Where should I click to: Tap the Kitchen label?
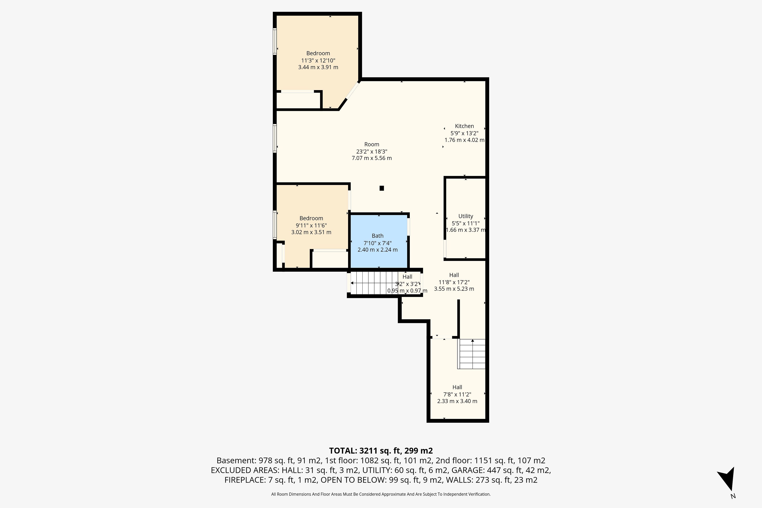464,126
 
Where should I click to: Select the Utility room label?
466,216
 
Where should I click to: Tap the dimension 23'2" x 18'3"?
372,151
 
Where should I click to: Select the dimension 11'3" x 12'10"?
318,60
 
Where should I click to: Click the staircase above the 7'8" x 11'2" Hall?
472,354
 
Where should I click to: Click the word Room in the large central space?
372,144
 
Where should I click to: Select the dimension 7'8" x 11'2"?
457,394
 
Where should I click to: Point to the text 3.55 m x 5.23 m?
454,289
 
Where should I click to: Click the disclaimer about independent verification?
381,494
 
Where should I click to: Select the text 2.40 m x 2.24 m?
377,249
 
